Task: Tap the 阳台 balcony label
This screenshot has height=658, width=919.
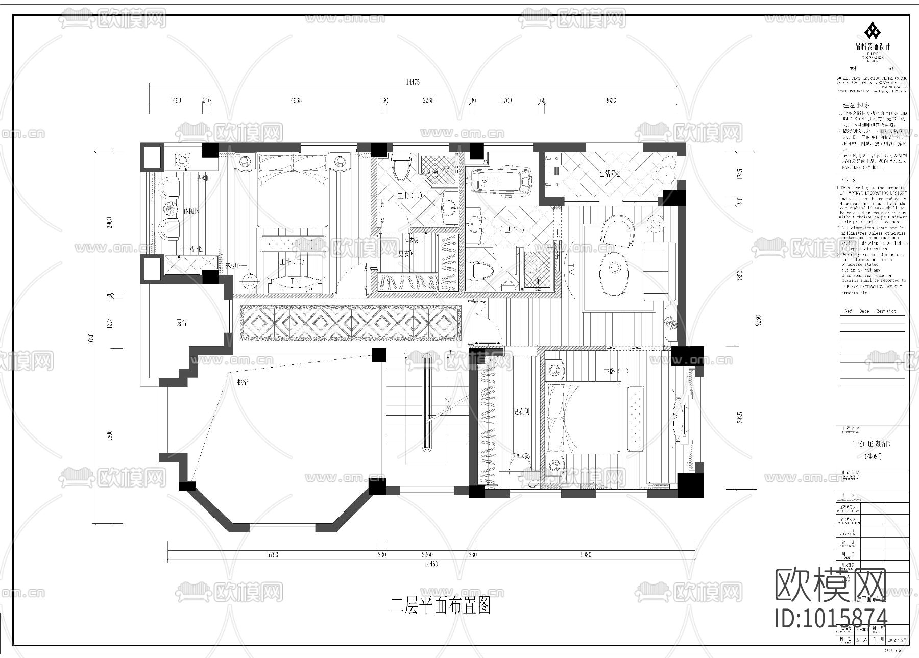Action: [181, 323]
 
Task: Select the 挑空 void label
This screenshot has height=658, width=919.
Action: [242, 382]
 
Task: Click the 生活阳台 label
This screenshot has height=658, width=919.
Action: [610, 174]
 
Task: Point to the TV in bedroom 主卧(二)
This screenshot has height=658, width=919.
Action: [295, 281]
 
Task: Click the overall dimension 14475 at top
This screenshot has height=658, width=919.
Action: [413, 82]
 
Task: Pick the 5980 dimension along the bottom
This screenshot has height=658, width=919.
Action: [586, 555]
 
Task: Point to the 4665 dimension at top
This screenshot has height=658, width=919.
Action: [296, 100]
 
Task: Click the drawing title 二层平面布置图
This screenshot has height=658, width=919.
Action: [441, 606]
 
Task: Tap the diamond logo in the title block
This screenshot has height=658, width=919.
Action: [872, 32]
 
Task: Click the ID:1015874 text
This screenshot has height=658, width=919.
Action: [831, 618]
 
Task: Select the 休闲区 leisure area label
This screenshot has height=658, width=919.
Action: [191, 211]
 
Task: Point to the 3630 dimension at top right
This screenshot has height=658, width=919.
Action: [611, 100]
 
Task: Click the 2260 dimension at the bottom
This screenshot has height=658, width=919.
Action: [427, 555]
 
